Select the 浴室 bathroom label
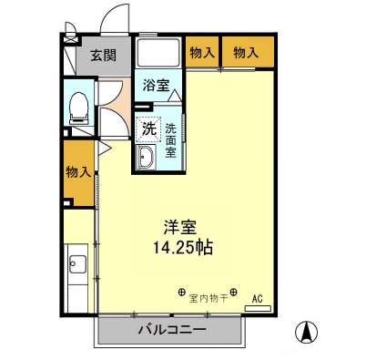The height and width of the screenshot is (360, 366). pos(155,87)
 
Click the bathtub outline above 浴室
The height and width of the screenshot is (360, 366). pos(159,54)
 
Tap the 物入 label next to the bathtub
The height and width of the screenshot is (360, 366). pos(201,54)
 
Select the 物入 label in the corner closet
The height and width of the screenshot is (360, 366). pos(245,54)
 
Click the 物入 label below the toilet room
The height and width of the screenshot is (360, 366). pos(78,172)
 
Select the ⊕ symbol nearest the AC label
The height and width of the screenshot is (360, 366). pos(234,293)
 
